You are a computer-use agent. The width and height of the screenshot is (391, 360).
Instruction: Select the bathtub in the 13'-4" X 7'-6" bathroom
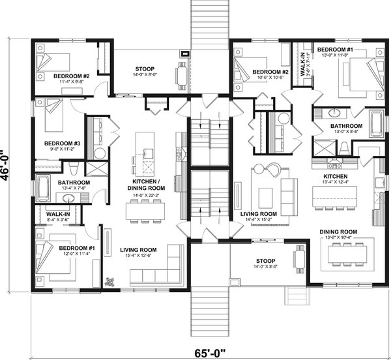click(42, 188)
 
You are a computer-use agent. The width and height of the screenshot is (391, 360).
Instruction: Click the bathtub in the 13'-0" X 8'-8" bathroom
click(377, 123)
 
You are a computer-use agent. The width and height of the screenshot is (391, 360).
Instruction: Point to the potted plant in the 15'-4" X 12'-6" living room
click(109, 282)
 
